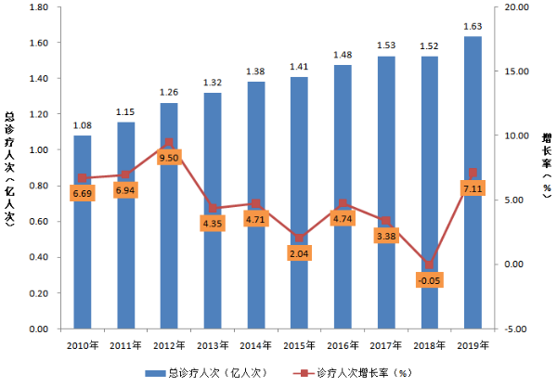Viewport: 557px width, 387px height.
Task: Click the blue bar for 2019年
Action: point(473,186)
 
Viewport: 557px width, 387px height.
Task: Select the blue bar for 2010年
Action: point(83,241)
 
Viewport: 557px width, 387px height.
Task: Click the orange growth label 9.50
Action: point(168,158)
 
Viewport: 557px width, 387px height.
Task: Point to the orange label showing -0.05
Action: point(429,280)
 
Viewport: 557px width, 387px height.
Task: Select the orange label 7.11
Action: point(473,189)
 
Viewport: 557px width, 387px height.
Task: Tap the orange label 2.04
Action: point(299,253)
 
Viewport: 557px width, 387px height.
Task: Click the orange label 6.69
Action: point(83,193)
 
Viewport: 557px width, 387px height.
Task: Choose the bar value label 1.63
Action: point(473,26)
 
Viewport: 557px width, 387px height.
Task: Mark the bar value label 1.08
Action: point(83,124)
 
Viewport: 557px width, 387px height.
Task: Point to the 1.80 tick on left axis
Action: point(37,7)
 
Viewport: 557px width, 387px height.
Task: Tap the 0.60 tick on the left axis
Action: point(37,222)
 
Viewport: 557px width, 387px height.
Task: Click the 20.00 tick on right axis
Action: point(515,7)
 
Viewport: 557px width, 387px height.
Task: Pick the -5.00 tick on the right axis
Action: point(515,329)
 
